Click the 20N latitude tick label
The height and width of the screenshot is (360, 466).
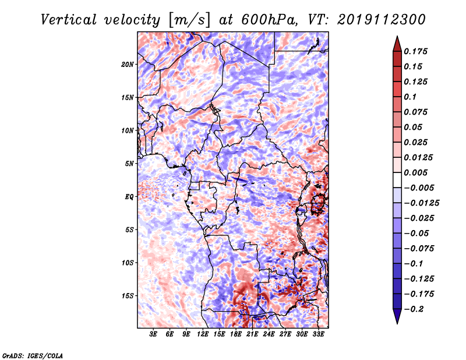coord(128,65)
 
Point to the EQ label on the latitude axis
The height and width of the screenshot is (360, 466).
coord(129,197)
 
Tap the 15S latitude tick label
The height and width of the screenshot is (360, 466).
coord(128,296)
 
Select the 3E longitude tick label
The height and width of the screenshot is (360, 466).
coord(153,334)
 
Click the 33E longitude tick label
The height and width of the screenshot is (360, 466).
coord(318,334)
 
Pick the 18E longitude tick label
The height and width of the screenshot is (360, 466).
coord(236,334)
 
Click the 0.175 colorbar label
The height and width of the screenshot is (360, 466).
coord(415,51)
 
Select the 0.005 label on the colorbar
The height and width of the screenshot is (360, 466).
coord(415,172)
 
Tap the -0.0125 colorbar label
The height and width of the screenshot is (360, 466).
coord(422,203)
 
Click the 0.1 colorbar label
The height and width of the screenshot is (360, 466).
coord(410,97)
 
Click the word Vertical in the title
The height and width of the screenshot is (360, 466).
coord(69,20)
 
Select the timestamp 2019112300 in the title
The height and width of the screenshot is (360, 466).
coord(382,20)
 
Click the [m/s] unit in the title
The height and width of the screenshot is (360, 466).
coord(189,20)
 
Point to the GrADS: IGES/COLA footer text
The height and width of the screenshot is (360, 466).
coord(33,355)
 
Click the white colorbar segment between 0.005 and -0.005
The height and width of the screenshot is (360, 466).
coord(397,180)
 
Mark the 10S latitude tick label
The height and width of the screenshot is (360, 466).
coord(128,263)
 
